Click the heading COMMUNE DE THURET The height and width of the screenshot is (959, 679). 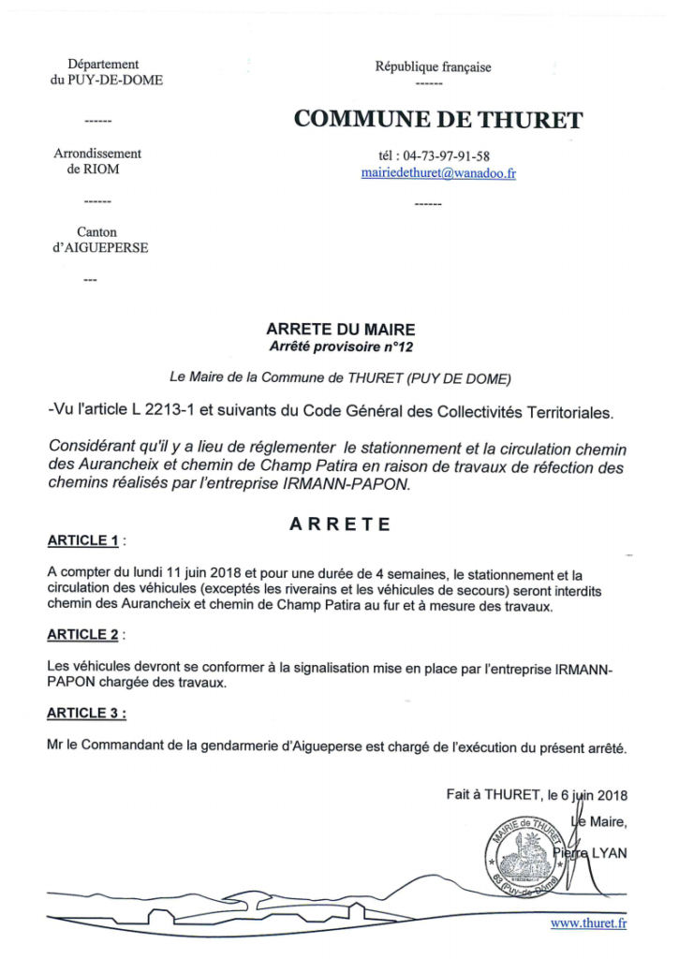(437, 120)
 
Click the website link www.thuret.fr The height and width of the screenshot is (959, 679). (588, 923)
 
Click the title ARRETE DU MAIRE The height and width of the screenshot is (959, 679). (340, 330)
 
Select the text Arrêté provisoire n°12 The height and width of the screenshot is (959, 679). (340, 347)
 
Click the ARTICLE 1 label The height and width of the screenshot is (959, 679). (82, 540)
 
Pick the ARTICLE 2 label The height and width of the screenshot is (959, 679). (82, 634)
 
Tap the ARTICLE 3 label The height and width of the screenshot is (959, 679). (84, 713)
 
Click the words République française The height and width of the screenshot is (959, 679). (433, 66)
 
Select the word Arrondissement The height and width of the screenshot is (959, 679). (97, 154)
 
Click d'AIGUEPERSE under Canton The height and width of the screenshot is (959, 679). (100, 247)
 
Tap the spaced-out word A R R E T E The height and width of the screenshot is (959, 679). (339, 524)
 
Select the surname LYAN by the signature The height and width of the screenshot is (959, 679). (608, 852)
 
